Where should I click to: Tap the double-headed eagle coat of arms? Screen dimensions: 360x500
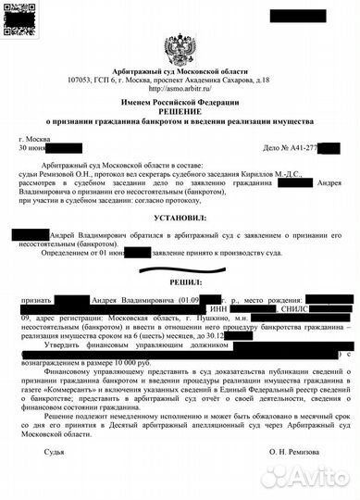coord(180,47)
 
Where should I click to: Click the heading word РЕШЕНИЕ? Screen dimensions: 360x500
coord(180,109)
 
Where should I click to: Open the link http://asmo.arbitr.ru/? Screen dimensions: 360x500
coord(180,89)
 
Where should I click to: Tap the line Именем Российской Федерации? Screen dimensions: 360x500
coord(180,100)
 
